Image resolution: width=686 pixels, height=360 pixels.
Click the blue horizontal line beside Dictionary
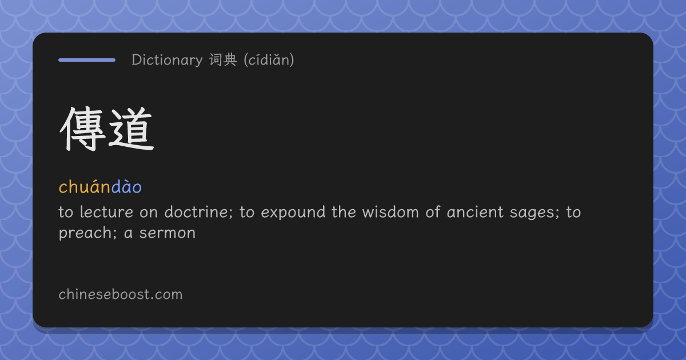[87, 60]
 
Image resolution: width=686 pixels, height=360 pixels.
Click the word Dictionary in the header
[167, 60]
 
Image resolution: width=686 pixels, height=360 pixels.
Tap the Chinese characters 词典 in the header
[223, 59]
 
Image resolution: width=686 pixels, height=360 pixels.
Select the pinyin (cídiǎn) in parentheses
[269, 59]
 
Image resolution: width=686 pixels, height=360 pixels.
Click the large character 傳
[82, 129]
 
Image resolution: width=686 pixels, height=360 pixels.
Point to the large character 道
[131, 129]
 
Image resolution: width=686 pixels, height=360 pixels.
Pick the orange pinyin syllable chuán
[85, 186]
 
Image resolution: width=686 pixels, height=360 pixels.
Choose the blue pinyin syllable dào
[126, 186]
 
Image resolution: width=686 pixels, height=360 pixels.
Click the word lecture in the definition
[106, 212]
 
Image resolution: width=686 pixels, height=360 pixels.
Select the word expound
[293, 213]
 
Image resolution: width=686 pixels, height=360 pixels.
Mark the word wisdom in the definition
[390, 212]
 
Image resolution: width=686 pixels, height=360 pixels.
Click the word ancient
[475, 212]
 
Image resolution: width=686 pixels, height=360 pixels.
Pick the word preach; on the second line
[88, 233]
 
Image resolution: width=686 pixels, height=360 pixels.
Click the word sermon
[167, 233]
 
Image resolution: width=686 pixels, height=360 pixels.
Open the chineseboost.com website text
[121, 294]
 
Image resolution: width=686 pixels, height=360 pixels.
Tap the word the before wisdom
[344, 212]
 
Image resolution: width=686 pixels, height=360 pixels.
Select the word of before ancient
[433, 212]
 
